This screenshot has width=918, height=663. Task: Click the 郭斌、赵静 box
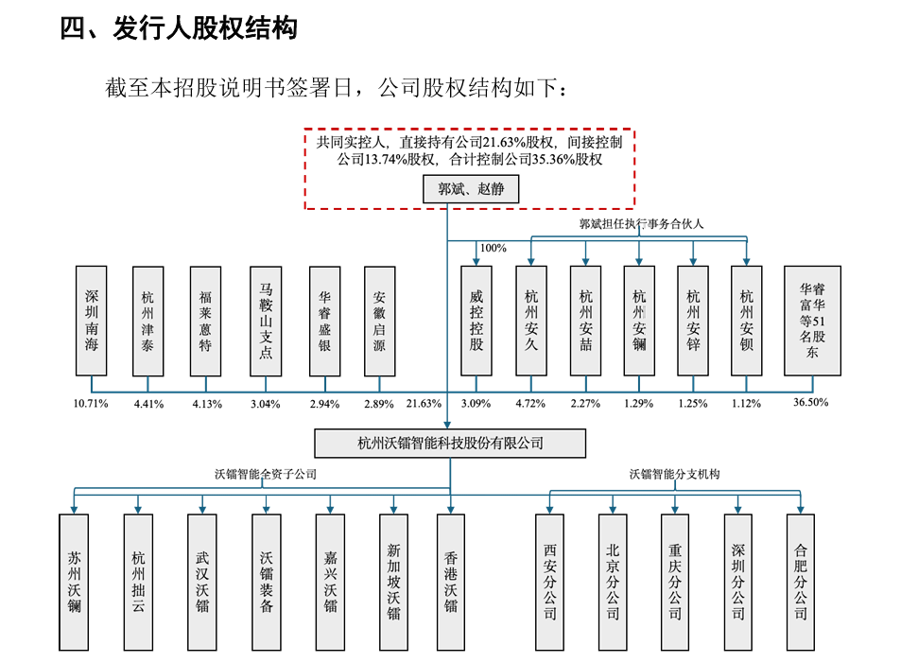471,190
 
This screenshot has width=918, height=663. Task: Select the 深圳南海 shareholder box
92,321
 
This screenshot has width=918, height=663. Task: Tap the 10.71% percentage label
91,404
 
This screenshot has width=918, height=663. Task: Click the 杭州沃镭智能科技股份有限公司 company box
450,443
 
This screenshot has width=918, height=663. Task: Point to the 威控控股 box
476,321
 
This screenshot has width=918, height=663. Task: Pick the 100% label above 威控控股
493,248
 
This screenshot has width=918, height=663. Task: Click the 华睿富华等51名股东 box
812,321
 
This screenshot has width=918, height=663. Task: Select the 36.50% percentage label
811,402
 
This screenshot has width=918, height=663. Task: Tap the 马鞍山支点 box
266,321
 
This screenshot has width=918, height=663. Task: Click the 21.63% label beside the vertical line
424,404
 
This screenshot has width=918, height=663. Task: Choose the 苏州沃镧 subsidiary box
74,582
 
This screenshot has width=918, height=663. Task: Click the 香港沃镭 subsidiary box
451,582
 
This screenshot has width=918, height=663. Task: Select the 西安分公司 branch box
549,582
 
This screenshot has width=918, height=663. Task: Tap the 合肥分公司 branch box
801,582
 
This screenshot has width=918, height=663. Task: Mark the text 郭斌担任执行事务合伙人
642,224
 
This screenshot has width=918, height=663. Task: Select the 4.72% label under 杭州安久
531,404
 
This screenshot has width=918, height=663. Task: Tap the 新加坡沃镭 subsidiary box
394,582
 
